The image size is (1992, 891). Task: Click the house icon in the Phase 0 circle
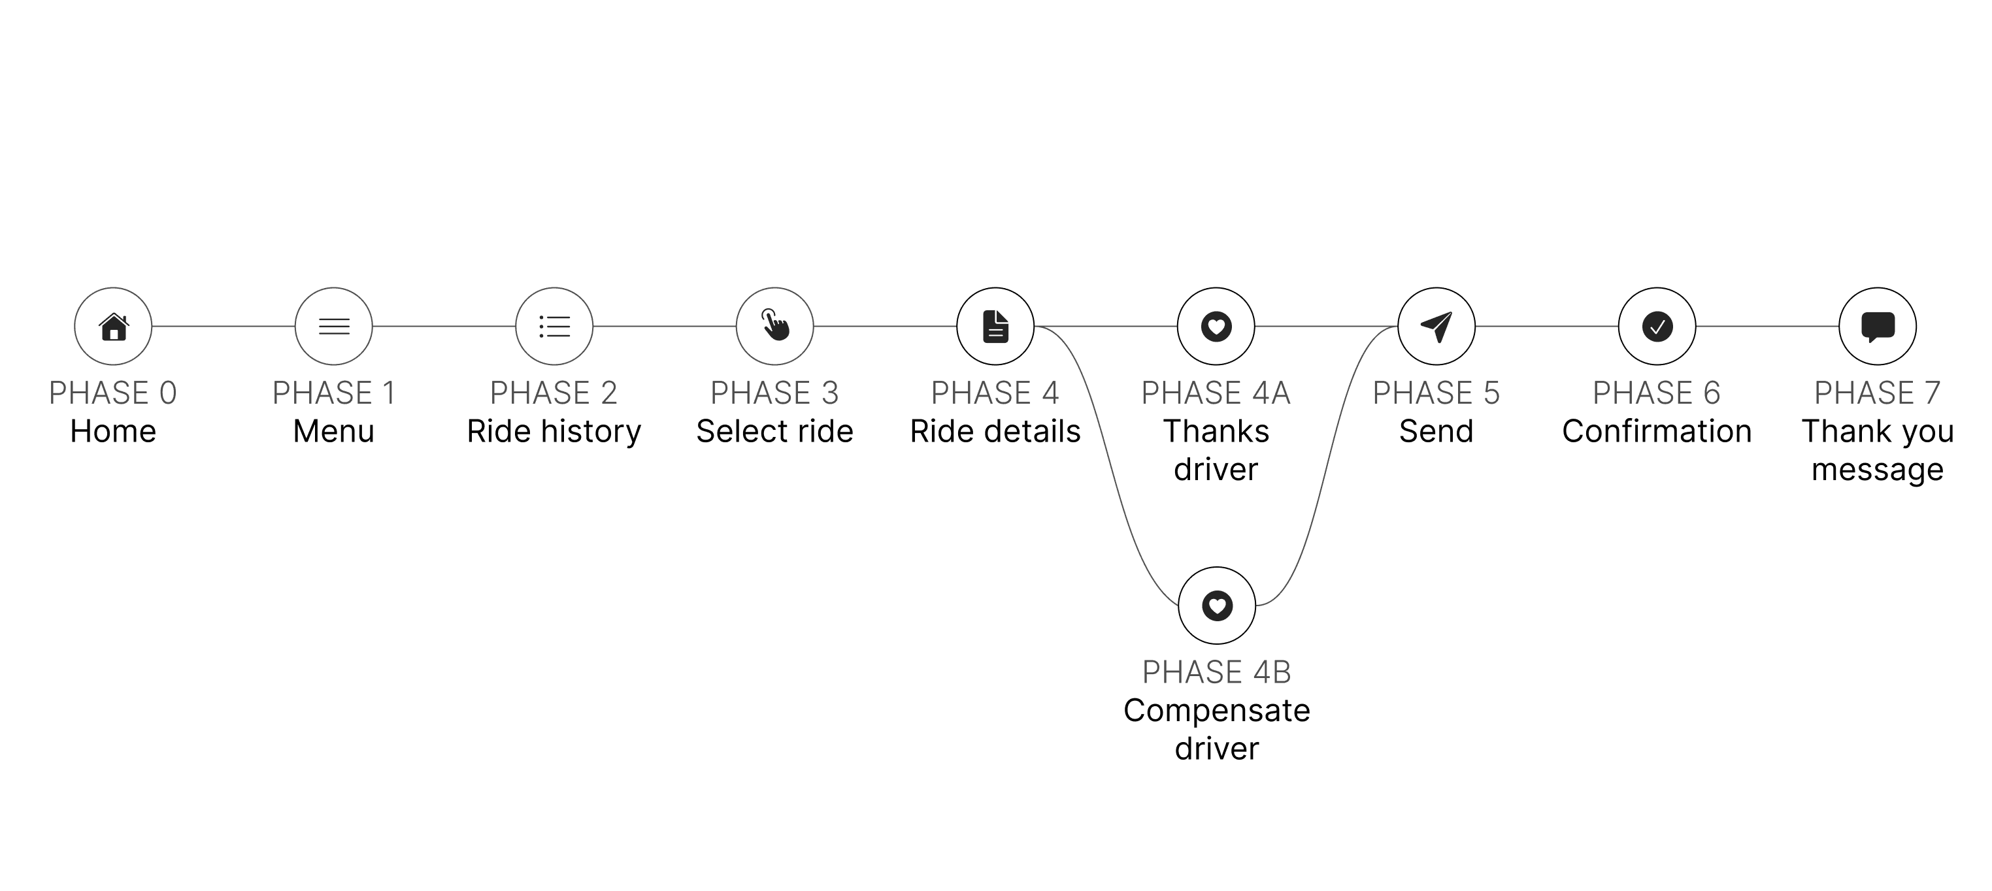click(114, 327)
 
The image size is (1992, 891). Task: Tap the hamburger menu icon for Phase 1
click(334, 327)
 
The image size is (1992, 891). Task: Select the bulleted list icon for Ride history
click(554, 327)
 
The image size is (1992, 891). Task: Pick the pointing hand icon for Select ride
click(775, 325)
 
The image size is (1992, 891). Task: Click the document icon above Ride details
click(995, 327)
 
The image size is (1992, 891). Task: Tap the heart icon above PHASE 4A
click(1216, 327)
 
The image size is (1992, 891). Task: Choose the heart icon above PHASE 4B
click(1216, 606)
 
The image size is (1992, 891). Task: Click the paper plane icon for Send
click(1436, 327)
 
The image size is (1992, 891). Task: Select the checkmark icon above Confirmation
click(1656, 327)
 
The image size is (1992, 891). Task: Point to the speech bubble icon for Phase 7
click(1877, 327)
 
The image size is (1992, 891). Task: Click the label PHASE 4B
click(1216, 672)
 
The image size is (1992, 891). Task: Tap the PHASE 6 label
click(1656, 393)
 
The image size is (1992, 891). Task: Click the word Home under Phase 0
click(113, 431)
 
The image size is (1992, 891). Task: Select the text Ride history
click(554, 431)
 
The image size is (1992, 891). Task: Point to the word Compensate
click(1216, 711)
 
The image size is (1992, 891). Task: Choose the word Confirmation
click(1656, 431)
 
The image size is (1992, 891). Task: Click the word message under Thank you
click(1877, 470)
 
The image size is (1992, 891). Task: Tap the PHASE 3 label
click(775, 393)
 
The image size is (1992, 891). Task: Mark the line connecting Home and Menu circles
click(224, 327)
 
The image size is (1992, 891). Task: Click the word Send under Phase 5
click(1436, 431)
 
